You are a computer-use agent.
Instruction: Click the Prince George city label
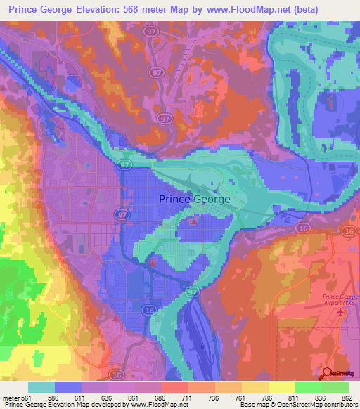click(x=195, y=199)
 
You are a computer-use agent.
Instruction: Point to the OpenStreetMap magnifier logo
click(x=328, y=375)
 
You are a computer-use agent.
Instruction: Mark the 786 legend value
click(x=257, y=397)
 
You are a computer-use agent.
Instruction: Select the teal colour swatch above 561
click(x=41, y=387)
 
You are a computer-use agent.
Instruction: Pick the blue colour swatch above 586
click(x=67, y=387)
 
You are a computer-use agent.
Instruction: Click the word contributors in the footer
click(x=338, y=405)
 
